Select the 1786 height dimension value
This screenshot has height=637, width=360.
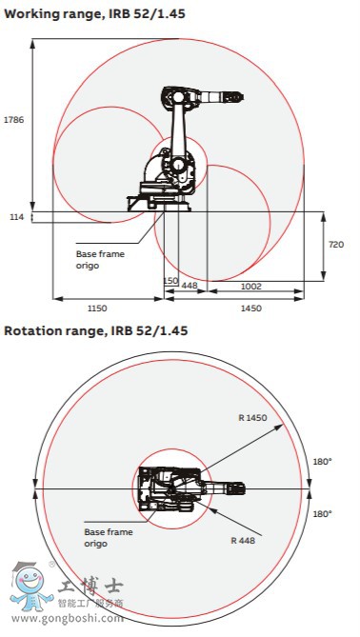click(x=13, y=120)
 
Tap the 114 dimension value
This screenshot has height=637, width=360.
click(x=15, y=217)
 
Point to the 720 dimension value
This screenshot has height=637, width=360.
click(x=335, y=245)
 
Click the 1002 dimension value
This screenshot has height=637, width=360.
click(x=251, y=286)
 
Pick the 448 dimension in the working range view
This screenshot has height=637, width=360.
click(x=190, y=286)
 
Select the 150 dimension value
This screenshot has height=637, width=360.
click(x=170, y=281)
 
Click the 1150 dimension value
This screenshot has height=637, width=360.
click(x=97, y=309)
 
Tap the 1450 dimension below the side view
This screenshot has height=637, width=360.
click(x=251, y=309)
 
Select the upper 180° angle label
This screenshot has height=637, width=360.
click(x=322, y=462)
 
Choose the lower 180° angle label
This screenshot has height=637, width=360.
click(x=322, y=513)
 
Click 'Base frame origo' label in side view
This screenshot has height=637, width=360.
click(x=100, y=260)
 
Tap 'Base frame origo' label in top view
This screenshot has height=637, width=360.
click(x=108, y=538)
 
